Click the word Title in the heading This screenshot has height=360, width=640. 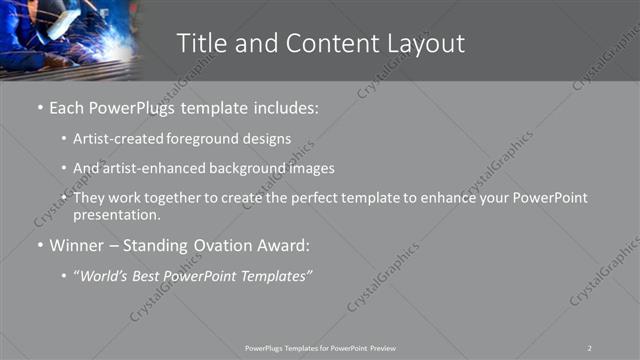[200, 43]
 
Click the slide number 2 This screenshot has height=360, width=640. [590, 347]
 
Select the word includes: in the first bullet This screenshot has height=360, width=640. [285, 107]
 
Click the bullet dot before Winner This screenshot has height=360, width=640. [39, 245]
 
